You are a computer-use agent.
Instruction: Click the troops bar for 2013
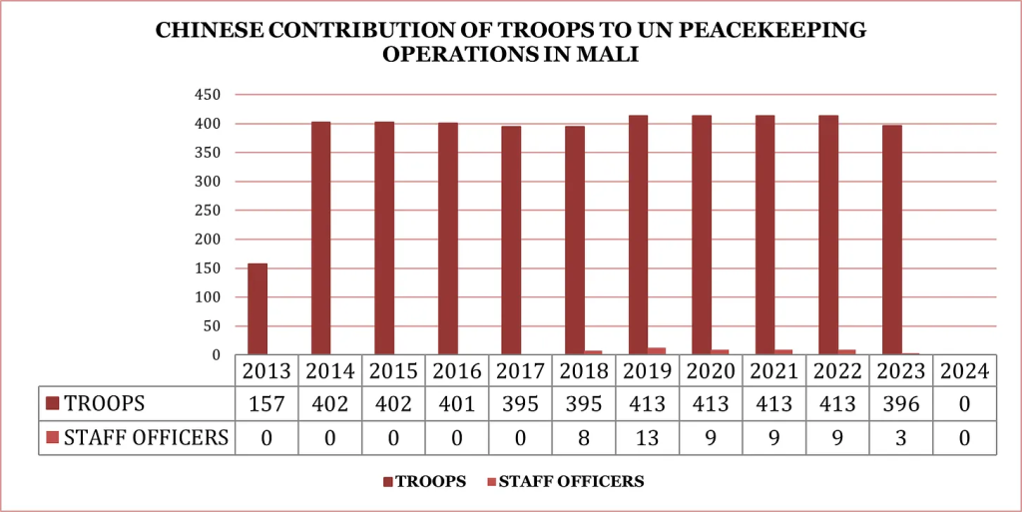pyautogui.click(x=257, y=309)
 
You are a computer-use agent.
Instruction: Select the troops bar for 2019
pyautogui.click(x=639, y=235)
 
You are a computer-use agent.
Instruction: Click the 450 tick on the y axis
pyautogui.click(x=208, y=95)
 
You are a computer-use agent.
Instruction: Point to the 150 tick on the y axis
pyautogui.click(x=208, y=268)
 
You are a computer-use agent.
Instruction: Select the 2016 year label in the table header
pyautogui.click(x=457, y=371)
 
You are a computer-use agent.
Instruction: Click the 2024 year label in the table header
pyautogui.click(x=964, y=371)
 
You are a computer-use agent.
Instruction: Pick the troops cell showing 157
pyautogui.click(x=267, y=404)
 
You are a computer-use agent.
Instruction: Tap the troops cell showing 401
pyautogui.click(x=457, y=404)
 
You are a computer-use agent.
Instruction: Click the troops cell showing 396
pyautogui.click(x=900, y=404)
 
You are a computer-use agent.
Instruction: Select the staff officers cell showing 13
pyautogui.click(x=648, y=437)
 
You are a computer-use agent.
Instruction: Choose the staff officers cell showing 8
pyautogui.click(x=584, y=437)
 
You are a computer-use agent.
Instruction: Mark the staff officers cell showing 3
pyautogui.click(x=900, y=437)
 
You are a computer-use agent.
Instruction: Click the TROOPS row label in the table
pyautogui.click(x=105, y=404)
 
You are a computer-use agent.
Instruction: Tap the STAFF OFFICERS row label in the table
pyautogui.click(x=146, y=437)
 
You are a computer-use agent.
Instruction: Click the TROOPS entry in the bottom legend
pyautogui.click(x=430, y=481)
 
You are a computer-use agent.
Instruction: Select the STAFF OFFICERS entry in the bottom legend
pyautogui.click(x=571, y=481)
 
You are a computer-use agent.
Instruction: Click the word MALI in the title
pyautogui.click(x=608, y=55)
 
